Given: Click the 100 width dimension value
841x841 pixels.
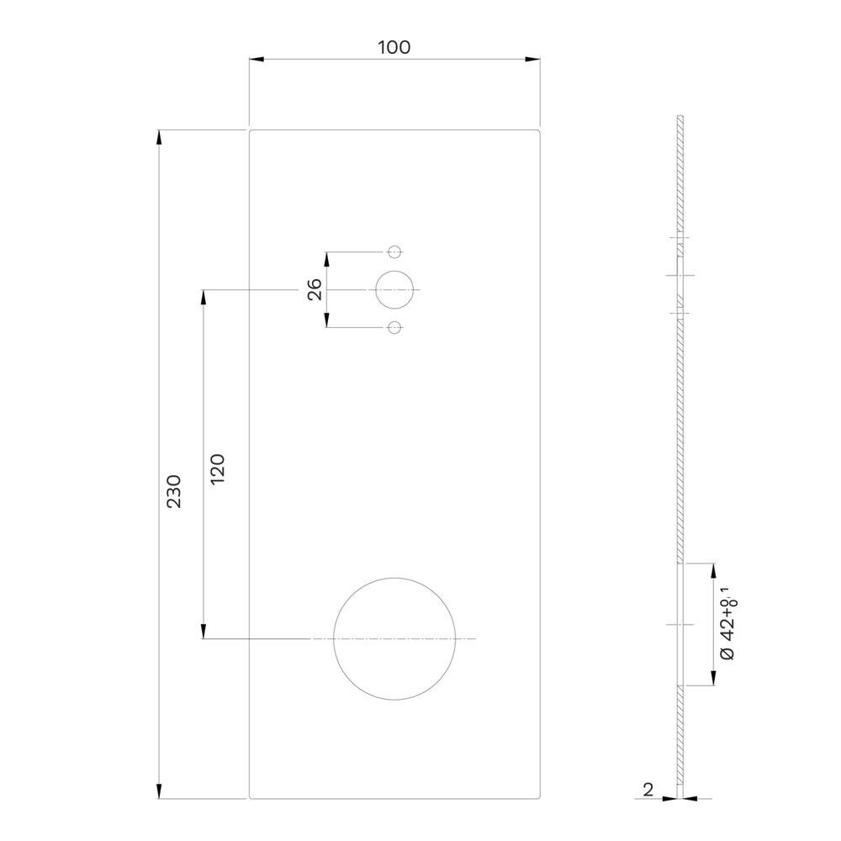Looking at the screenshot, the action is [394, 47].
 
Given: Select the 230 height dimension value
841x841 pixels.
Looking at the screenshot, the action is [174, 491].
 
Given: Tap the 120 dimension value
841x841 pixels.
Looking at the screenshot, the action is [217, 469].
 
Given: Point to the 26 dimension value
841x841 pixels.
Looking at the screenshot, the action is [315, 289].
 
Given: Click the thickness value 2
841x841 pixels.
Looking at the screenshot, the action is [648, 790].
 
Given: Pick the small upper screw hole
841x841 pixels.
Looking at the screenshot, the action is [394, 251].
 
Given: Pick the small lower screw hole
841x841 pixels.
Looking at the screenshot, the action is [394, 328].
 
